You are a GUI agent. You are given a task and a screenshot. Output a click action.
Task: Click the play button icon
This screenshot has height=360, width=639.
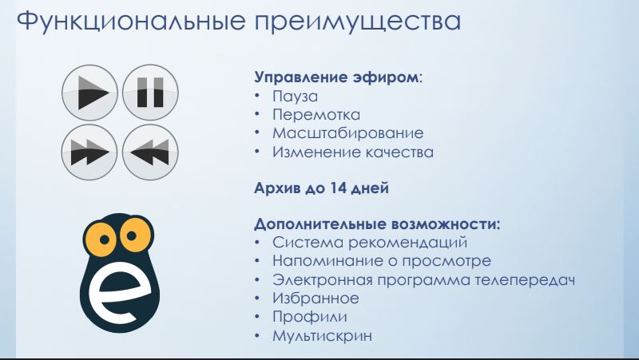(89, 93)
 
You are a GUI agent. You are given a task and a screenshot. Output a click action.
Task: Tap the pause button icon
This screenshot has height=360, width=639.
(150, 93)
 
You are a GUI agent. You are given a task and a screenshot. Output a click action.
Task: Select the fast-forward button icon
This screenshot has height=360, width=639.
(89, 152)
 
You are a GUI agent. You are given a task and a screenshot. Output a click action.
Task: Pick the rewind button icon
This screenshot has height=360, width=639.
(150, 152)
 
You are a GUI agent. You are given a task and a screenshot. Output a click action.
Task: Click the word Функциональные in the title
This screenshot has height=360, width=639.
(131, 22)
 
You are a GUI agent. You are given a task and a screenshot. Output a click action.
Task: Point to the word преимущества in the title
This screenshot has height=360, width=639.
(358, 22)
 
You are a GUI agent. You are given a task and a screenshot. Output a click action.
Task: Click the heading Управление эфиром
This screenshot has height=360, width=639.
(336, 77)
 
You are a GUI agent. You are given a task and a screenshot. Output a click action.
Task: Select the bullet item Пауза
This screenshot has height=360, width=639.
(295, 97)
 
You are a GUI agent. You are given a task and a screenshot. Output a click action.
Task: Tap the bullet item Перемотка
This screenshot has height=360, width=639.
(316, 115)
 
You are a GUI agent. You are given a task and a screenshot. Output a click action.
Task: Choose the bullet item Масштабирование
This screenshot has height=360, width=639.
(348, 133)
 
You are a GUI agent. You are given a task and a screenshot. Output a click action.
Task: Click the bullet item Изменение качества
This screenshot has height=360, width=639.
(353, 152)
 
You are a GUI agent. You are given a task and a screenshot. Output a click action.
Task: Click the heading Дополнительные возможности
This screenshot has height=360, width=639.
(377, 224)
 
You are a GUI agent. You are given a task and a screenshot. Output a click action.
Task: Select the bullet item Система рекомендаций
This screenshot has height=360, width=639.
(370, 243)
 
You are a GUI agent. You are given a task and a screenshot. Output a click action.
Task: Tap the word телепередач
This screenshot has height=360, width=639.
(525, 281)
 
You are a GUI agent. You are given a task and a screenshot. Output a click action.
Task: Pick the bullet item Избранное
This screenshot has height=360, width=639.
(316, 299)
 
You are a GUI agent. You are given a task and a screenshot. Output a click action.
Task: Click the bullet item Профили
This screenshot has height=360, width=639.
(310, 317)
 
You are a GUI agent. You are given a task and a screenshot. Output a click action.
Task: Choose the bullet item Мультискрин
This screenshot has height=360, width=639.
(323, 336)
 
